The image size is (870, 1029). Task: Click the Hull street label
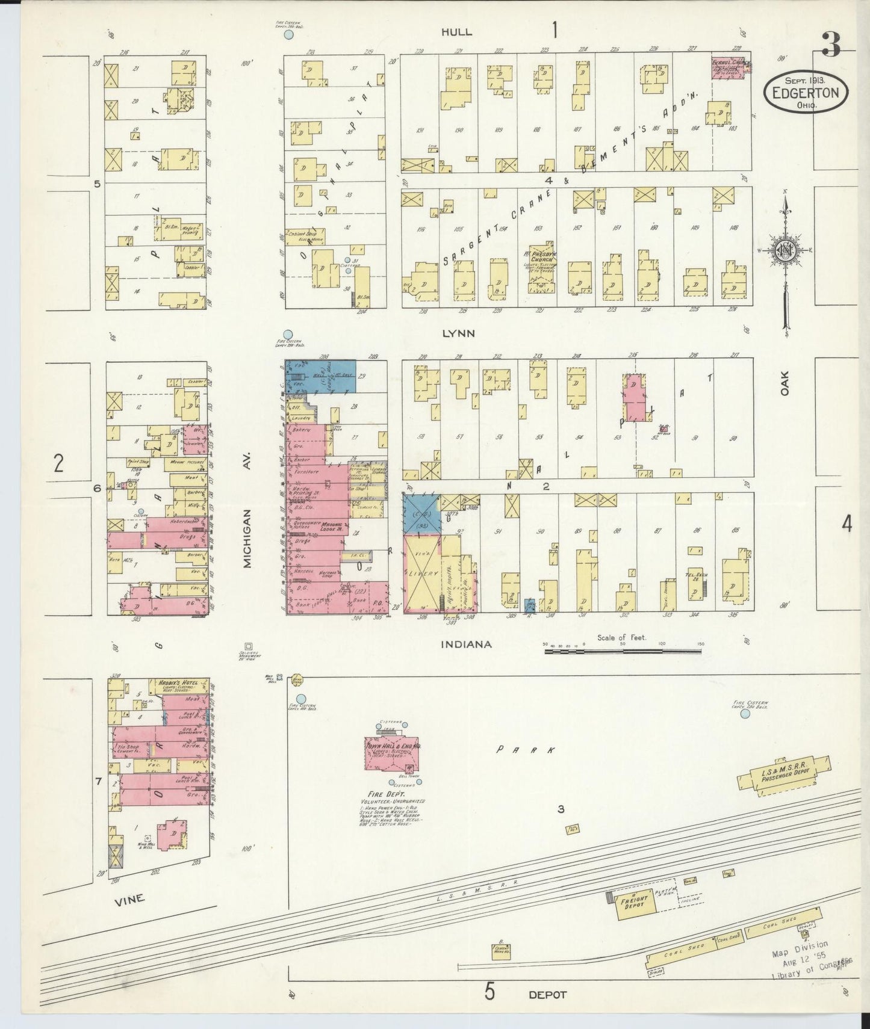click(456, 32)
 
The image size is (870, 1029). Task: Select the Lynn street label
click(459, 333)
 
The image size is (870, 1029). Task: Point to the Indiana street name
click(466, 644)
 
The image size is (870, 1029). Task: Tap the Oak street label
click(784, 383)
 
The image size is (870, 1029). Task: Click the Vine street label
click(129, 898)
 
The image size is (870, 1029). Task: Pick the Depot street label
click(547, 995)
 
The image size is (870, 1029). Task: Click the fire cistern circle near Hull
click(288, 36)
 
